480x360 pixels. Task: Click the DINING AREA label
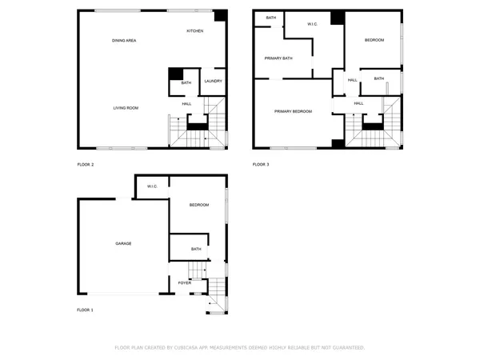click(123, 40)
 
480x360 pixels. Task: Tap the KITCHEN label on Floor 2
click(194, 30)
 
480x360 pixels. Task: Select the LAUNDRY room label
click(213, 81)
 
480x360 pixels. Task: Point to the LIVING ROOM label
click(126, 107)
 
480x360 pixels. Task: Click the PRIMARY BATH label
click(278, 58)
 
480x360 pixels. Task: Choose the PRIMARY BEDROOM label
click(293, 111)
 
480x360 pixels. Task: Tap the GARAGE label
click(123, 243)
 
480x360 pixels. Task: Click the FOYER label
click(185, 283)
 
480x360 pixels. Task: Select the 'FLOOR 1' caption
click(85, 310)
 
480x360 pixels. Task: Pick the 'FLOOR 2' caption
click(85, 165)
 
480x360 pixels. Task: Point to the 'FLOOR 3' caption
click(261, 165)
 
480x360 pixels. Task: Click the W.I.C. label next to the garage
click(152, 186)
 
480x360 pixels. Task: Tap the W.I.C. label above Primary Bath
click(313, 24)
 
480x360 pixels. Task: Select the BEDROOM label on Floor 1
click(198, 206)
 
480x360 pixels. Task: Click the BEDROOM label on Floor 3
click(374, 40)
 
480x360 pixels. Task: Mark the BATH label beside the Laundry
click(186, 82)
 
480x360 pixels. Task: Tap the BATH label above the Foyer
click(196, 250)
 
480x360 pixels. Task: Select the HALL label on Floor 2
click(186, 103)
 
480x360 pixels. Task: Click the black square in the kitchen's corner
click(220, 16)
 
